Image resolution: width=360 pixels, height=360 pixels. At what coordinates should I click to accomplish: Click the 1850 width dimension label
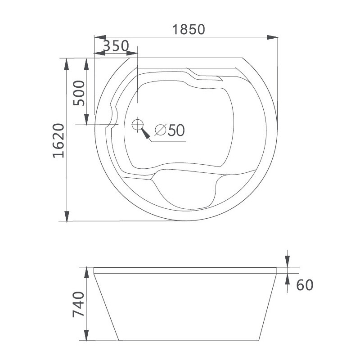188,29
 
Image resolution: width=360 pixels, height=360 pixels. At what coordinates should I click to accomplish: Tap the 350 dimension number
116,46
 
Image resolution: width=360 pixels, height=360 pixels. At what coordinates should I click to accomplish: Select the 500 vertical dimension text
79,93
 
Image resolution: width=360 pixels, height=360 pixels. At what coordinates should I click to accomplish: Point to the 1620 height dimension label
58,141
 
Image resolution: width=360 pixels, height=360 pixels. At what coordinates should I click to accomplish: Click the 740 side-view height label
78,305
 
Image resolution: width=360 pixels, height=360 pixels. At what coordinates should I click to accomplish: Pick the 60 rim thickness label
305,285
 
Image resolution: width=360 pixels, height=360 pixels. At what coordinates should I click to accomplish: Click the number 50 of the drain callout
176,130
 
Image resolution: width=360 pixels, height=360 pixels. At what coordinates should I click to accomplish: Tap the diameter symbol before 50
160,130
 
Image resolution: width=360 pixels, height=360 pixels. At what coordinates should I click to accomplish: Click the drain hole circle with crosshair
138,125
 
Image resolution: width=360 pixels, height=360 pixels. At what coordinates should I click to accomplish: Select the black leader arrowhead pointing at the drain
145,133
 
